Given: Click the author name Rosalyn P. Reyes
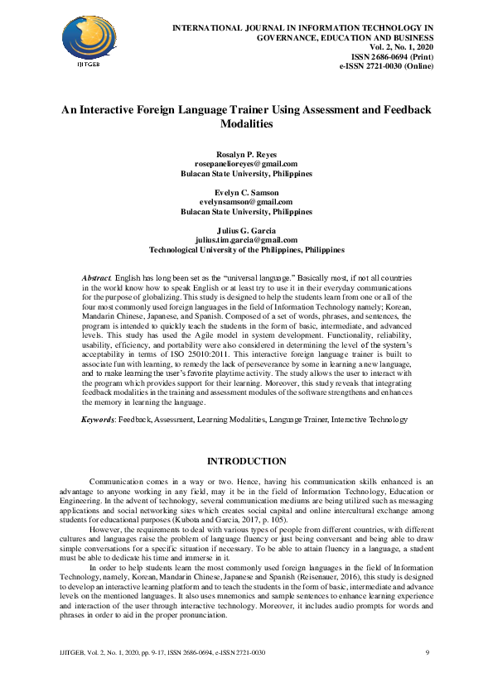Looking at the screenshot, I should pos(247,155).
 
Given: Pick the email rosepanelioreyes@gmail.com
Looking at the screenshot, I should pos(247,165).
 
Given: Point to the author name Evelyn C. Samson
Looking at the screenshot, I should pos(247,192).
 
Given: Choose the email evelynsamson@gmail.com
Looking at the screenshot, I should pos(247,201).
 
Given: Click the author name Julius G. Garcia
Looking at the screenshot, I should pos(247,229).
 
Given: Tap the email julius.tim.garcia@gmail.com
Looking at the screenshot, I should pos(247,239).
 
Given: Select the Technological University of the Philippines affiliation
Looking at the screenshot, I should pos(247,248).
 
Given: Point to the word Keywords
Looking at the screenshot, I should pos(98,421).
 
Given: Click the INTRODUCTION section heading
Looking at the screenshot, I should pos(247,461).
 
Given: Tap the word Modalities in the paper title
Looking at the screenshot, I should pos(247,123).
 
